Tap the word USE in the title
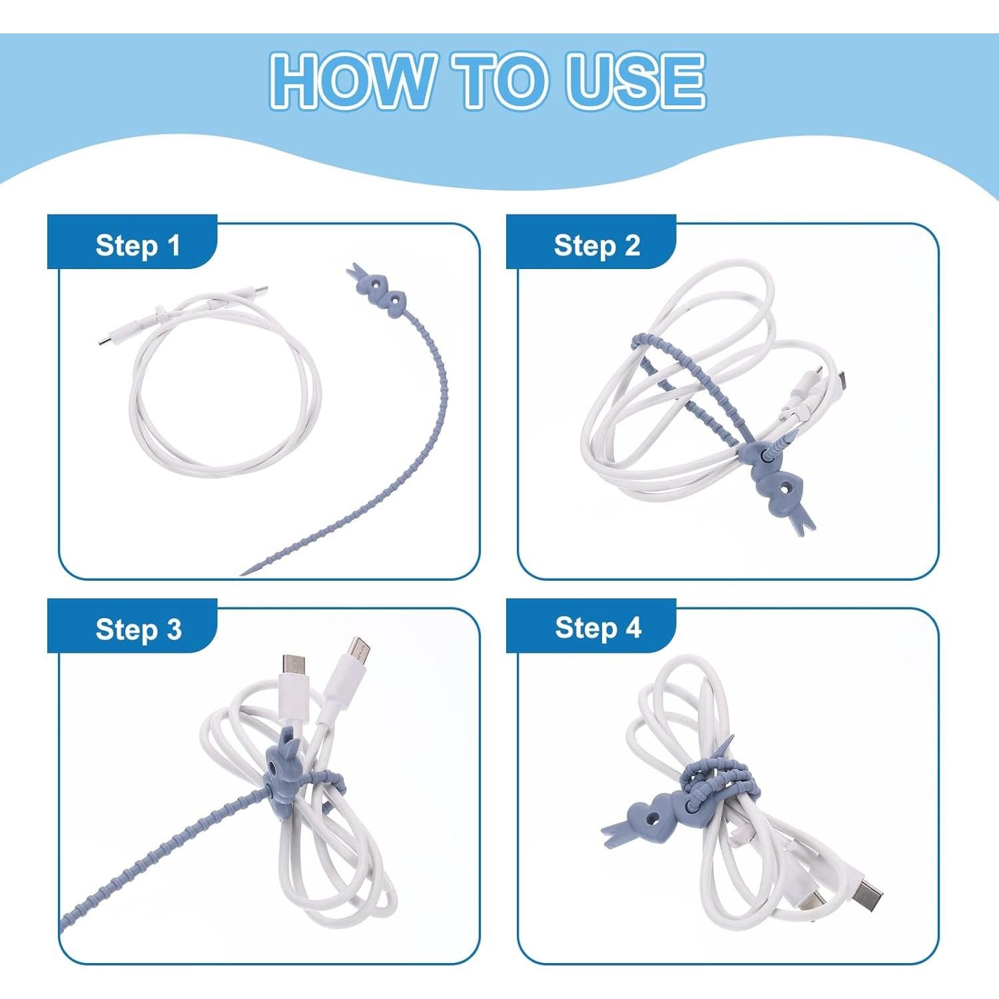click(x=635, y=81)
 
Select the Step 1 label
click(x=137, y=245)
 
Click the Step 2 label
click(x=596, y=245)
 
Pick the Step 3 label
click(x=138, y=629)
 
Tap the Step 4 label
click(x=597, y=627)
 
